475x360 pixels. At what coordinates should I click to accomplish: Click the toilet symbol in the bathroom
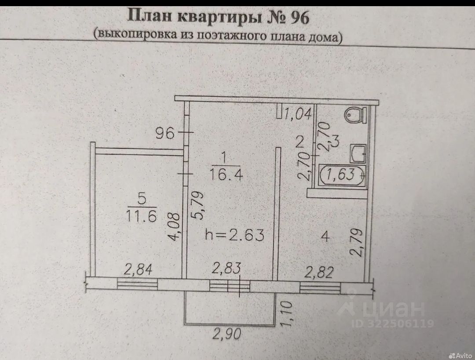(356, 115)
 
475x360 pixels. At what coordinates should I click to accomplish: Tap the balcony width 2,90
(227, 334)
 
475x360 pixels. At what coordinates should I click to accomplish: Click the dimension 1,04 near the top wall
(298, 115)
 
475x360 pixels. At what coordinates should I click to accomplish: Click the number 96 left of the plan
(166, 133)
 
